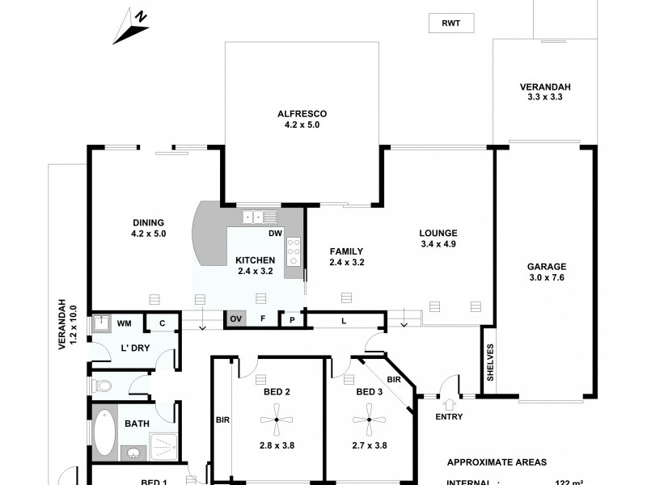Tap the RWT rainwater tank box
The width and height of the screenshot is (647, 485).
click(450, 23)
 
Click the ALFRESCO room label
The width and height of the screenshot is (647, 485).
click(301, 114)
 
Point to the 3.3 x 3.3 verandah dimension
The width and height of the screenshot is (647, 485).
click(543, 97)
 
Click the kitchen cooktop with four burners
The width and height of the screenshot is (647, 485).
click(294, 251)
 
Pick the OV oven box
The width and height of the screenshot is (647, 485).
click(236, 319)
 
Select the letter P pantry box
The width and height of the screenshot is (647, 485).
click(291, 320)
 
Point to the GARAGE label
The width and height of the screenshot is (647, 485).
click(547, 268)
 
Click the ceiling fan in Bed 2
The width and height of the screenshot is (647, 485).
click(277, 420)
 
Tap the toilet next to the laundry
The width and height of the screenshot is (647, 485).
click(99, 385)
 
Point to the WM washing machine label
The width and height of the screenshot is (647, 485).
click(124, 323)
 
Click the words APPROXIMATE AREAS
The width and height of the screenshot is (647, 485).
click(497, 462)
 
